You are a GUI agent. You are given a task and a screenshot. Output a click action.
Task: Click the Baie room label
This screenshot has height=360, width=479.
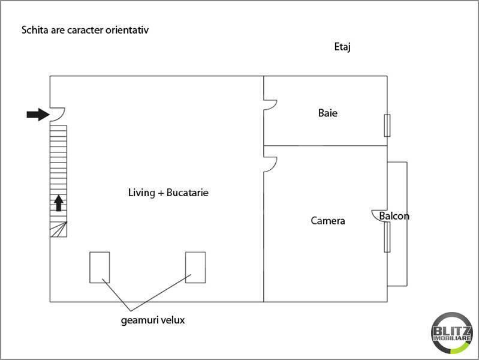328,113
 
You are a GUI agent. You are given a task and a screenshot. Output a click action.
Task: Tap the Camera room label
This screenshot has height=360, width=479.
328,221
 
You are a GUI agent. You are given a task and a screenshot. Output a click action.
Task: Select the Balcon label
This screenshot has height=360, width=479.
394,216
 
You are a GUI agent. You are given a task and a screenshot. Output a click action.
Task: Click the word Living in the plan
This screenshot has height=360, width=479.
141,193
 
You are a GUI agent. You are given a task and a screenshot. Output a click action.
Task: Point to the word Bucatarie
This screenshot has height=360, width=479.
188,193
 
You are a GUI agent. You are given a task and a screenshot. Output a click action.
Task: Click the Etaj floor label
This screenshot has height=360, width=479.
342,47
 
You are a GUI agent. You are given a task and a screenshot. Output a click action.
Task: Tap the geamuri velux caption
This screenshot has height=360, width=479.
153,320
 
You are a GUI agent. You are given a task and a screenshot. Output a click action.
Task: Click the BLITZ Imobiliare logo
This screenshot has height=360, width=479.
452,333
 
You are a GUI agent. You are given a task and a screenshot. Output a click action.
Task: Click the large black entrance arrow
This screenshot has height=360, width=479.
38,115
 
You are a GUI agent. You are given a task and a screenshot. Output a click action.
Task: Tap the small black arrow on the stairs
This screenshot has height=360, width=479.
59,203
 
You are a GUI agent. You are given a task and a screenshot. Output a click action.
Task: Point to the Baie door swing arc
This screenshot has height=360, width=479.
275,105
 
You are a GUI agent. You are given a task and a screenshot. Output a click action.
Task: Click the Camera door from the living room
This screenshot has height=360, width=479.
275,165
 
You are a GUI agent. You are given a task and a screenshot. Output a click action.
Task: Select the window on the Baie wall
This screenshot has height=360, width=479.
387,125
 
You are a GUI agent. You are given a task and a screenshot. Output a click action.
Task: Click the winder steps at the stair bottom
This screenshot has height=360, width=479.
59,229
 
